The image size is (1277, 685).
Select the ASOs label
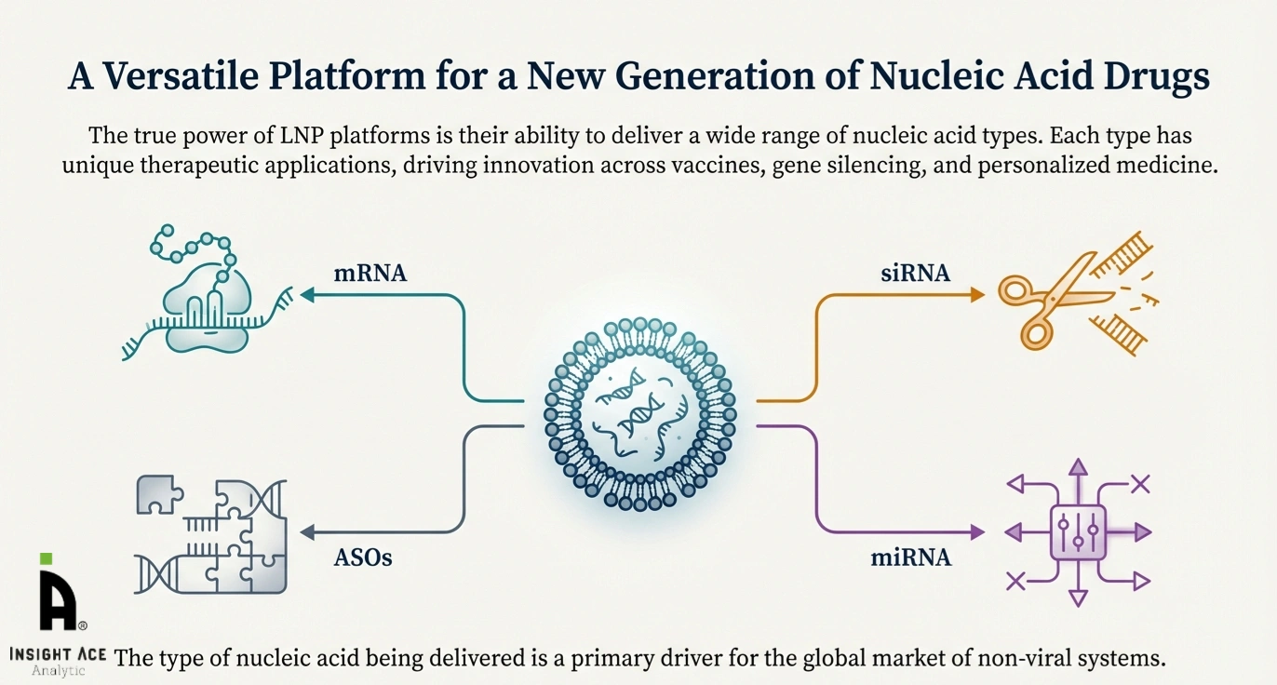point(364,559)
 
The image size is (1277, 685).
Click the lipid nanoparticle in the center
point(638,413)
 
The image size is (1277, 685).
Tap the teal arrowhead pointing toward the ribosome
point(306,295)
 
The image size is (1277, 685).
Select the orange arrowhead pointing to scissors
point(976,295)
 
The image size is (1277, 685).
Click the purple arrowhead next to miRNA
point(976,532)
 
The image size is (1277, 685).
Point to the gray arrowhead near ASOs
point(306,532)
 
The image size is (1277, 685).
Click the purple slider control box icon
point(1078,532)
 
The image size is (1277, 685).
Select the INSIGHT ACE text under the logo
point(58,654)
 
